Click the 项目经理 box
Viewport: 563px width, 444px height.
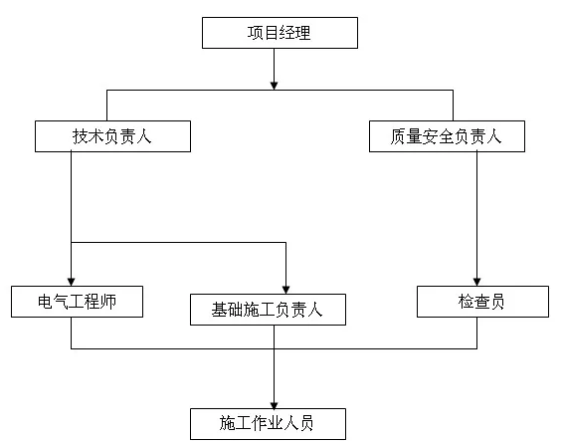pyautogui.click(x=280, y=33)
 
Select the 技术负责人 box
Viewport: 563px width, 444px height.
pyautogui.click(x=112, y=136)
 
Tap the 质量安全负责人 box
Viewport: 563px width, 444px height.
pyautogui.click(x=447, y=136)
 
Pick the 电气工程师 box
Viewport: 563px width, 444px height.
pyautogui.click(x=78, y=302)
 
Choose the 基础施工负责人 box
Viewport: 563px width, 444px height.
pyautogui.click(x=268, y=310)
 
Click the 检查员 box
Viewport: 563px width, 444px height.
pyautogui.click(x=483, y=302)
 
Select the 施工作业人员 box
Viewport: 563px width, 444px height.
pyautogui.click(x=268, y=424)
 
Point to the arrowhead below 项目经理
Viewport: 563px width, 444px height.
pyautogui.click(x=274, y=86)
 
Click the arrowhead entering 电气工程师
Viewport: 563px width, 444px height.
pyautogui.click(x=71, y=282)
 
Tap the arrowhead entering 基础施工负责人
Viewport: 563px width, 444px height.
pyautogui.click(x=285, y=290)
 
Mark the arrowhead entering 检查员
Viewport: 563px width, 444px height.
pyautogui.click(x=476, y=282)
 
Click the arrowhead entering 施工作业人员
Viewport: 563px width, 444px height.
pyautogui.click(x=274, y=405)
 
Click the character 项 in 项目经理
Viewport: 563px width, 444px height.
pyautogui.click(x=255, y=33)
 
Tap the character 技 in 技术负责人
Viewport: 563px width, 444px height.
pyautogui.click(x=81, y=136)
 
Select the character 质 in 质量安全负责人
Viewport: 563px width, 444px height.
pyautogui.click(x=399, y=136)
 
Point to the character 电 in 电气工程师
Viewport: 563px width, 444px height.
pyautogui.click(x=46, y=302)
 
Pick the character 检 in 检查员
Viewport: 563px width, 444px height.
pyautogui.click(x=467, y=302)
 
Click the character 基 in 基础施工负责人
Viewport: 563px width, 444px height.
pyautogui.click(x=220, y=310)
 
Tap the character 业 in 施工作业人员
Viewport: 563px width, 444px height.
pyautogui.click(x=276, y=423)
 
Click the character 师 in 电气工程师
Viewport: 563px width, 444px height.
pyautogui.click(x=108, y=302)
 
